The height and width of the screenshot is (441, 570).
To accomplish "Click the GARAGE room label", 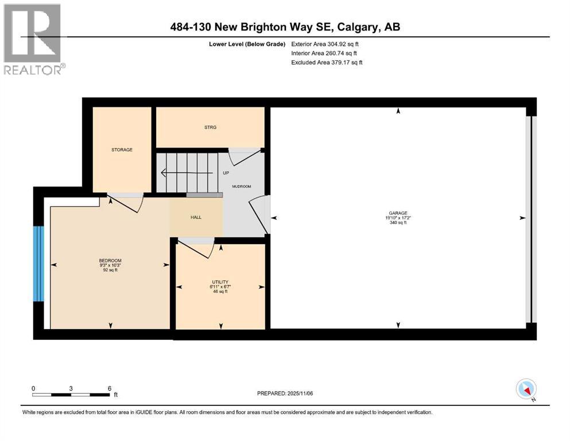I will tap(397, 213).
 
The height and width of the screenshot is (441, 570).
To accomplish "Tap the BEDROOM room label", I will tap(110, 260).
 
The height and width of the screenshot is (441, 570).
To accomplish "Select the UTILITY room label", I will tap(220, 281).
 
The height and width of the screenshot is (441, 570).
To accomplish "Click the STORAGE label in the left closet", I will tap(122, 150).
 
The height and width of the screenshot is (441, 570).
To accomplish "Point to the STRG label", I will tap(210, 127).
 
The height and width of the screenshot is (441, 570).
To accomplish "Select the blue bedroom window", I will tap(38, 263).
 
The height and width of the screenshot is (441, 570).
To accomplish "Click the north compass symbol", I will tap(526, 389).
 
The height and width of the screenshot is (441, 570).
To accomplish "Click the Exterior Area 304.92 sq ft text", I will tap(325, 44).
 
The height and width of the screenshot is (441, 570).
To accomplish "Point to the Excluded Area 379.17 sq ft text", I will tap(327, 62).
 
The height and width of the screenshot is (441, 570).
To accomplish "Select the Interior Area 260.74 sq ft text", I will tap(325, 53).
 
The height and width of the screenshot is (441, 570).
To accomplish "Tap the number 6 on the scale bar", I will tap(108, 388).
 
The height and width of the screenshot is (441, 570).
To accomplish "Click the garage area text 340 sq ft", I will tap(397, 223).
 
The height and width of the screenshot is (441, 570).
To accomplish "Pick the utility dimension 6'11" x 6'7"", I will tap(220, 287).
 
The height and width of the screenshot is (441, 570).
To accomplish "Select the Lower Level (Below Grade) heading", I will tap(248, 44).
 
